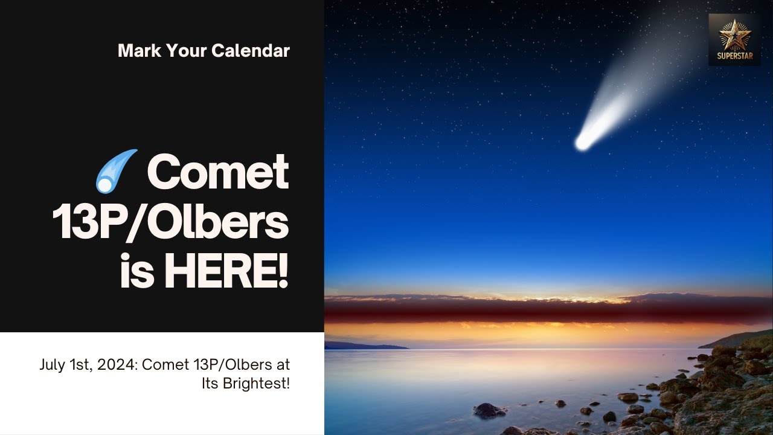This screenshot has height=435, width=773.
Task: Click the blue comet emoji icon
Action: pos(117,172)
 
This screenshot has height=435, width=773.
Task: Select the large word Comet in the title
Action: pos(218,172)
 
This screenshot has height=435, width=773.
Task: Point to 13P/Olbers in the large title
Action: pos(170,224)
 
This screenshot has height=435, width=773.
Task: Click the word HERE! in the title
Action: pos(226,272)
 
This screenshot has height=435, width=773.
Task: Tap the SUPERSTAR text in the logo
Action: pos(734,55)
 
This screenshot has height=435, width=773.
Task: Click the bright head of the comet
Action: pos(583,143)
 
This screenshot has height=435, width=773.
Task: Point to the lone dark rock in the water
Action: pos(489,410)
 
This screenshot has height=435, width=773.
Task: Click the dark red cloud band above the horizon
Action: pos(544,310)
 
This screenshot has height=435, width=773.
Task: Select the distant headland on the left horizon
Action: pos(362,346)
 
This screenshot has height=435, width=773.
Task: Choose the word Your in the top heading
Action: pos(184,51)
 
